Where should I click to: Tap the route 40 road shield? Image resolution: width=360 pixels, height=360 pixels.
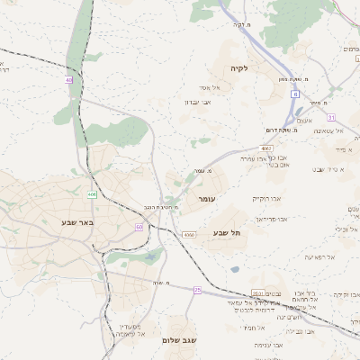pyautogui.click(x=68, y=80)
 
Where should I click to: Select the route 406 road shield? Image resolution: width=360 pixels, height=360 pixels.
pyautogui.click(x=92, y=193)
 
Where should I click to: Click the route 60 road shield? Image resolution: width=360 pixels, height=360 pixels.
pyautogui.click(x=139, y=227)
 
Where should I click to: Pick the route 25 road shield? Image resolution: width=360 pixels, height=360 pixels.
pyautogui.click(x=197, y=289)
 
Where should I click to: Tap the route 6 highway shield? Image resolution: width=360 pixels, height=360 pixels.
pyautogui.click(x=294, y=94)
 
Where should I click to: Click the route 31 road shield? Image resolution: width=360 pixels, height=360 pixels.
pyautogui.click(x=331, y=117)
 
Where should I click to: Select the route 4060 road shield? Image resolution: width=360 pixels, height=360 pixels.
pyautogui.click(x=188, y=235)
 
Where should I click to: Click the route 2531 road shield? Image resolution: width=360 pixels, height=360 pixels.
pyautogui.click(x=258, y=293)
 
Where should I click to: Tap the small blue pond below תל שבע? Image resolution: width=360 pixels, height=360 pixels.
pyautogui.click(x=235, y=268)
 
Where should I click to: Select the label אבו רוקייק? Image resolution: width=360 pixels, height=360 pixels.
pyautogui.click(x=267, y=197)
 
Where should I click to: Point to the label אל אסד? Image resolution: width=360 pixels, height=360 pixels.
pyautogui.click(x=197, y=87)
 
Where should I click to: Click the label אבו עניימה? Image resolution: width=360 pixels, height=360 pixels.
pyautogui.click(x=268, y=345)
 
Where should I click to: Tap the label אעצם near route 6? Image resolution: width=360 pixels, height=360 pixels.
pyautogui.click(x=304, y=121)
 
